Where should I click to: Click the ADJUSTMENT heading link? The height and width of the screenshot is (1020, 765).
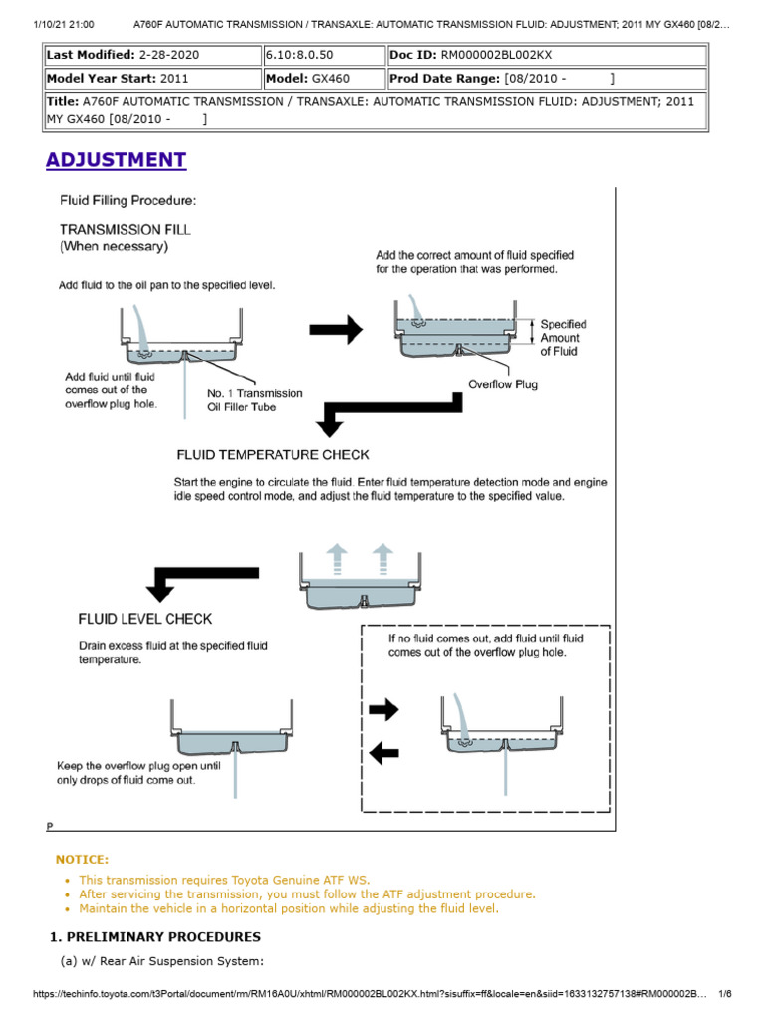coord(117,160)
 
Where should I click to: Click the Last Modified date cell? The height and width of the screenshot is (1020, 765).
coord(152,53)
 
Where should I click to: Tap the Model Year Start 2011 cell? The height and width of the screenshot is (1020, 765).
coord(152,78)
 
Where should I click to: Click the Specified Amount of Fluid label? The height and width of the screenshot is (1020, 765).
coord(563,338)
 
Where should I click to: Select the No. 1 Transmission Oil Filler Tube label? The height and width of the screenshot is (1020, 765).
coord(254,400)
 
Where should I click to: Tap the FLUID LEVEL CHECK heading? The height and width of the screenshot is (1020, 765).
coord(144,619)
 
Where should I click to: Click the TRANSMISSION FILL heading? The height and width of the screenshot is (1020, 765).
coord(126,229)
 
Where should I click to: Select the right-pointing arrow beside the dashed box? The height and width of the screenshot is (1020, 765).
coord(382,709)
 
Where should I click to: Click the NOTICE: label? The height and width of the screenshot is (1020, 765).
coord(82,859)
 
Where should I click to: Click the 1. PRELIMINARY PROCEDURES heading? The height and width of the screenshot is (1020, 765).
coord(155,937)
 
